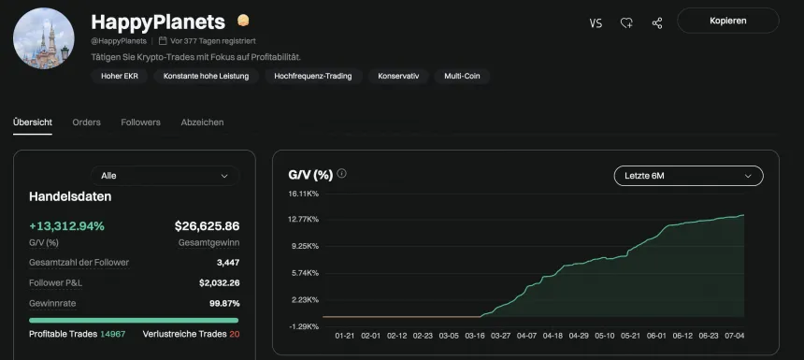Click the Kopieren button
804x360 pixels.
(x=727, y=22)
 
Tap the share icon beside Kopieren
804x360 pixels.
(x=657, y=22)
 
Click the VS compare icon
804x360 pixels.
(x=596, y=22)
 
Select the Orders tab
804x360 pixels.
(x=86, y=122)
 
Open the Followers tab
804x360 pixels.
(x=141, y=122)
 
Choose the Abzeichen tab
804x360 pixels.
(x=202, y=122)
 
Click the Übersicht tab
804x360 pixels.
(x=33, y=122)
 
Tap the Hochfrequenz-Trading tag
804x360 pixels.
(x=313, y=76)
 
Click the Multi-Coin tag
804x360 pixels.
(x=462, y=76)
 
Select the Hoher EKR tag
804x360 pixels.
(x=118, y=76)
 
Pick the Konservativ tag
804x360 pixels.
(x=398, y=76)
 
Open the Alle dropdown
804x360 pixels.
(x=165, y=176)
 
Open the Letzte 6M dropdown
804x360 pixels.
(x=688, y=176)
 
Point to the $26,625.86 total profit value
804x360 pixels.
(x=207, y=226)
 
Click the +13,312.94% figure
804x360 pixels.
(x=66, y=226)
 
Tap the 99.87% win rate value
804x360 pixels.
(x=224, y=303)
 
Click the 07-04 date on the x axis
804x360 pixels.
(x=734, y=335)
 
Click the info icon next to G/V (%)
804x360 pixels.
(x=342, y=174)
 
